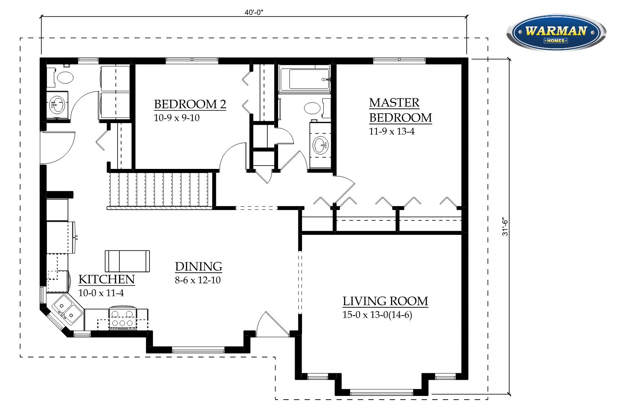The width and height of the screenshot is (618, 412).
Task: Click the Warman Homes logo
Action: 556,33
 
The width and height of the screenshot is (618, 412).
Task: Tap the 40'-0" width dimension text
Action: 254,12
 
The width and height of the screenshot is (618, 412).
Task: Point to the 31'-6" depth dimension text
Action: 505,227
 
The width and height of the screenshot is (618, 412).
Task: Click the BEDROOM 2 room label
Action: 190,104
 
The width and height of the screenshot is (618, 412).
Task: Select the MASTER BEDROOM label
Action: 400,110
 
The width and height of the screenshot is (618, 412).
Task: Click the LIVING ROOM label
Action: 385,301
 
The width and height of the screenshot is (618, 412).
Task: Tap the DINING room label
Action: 198,267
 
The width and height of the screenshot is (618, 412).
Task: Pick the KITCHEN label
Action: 106,279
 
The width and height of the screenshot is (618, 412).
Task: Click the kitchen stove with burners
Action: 123,318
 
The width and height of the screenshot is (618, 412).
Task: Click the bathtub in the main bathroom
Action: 304,79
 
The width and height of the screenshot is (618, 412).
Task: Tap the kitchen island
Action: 127,261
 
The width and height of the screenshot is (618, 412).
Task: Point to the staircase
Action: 161,190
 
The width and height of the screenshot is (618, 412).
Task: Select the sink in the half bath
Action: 57,105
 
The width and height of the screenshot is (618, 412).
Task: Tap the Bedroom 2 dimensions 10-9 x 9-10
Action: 177,118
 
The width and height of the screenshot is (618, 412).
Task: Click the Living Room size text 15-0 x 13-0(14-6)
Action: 377,315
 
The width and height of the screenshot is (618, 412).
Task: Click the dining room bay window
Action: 198,350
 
